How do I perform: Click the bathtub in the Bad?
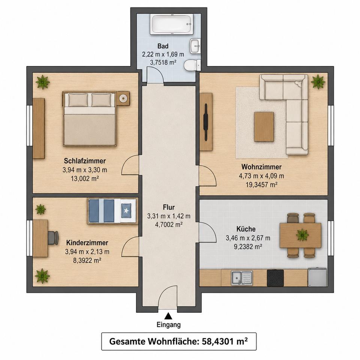click(172, 24)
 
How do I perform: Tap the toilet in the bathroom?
click(192, 65)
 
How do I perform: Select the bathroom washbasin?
click(195, 46)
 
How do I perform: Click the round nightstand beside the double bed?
click(123, 99)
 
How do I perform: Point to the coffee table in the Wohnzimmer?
click(264, 127)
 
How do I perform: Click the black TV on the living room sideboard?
click(206, 122)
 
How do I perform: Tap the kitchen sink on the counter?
click(242, 278)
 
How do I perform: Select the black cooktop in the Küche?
click(275, 278)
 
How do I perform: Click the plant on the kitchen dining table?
click(302, 235)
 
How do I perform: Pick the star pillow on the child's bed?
click(126, 210)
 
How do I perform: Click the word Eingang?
click(169, 325)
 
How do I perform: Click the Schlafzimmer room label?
click(85, 161)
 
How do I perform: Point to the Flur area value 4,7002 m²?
click(169, 225)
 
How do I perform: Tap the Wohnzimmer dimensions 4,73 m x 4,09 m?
click(261, 176)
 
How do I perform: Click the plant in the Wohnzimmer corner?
click(318, 81)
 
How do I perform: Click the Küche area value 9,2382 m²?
click(248, 247)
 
